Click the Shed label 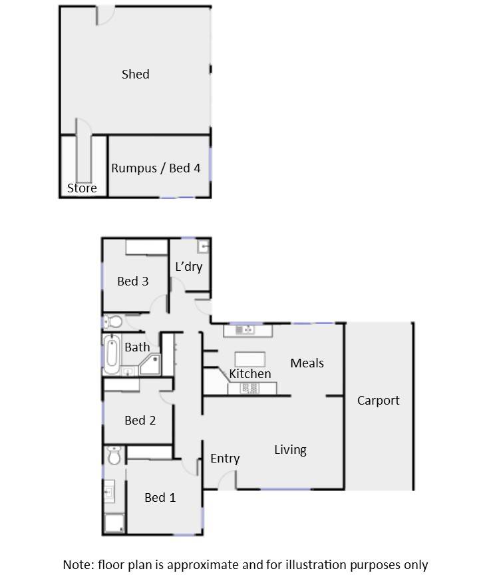(136, 75)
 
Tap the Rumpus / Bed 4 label (156, 168)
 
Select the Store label (82, 188)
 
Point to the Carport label (379, 401)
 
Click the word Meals (307, 363)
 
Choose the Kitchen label (250, 374)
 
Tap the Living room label (290, 450)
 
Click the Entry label (225, 459)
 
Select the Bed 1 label (160, 498)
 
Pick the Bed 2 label (140, 421)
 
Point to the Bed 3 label (133, 282)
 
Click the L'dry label (189, 267)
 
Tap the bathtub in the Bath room (112, 353)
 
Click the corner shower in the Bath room (151, 365)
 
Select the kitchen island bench (250, 359)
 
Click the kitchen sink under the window (245, 330)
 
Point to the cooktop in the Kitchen (251, 389)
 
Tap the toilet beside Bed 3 (112, 321)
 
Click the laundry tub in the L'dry (204, 246)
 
